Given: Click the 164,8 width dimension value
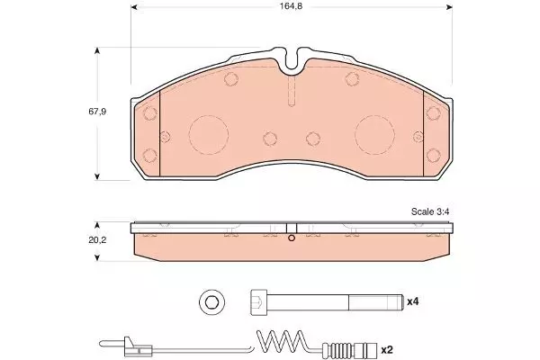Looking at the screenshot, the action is [x=291, y=6].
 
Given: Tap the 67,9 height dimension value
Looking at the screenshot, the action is [x=97, y=112].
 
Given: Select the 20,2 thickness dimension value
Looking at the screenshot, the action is [x=97, y=240].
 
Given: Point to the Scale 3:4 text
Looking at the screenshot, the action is [x=430, y=211].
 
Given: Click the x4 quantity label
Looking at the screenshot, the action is [x=412, y=301].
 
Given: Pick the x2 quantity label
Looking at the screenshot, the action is [x=387, y=350].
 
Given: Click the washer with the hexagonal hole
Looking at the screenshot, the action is [x=212, y=302].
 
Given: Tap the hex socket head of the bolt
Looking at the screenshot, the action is [x=258, y=302].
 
